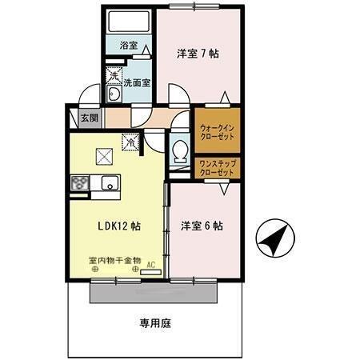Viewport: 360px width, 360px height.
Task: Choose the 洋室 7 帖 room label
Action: click(x=198, y=54)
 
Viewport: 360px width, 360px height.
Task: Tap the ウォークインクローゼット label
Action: click(x=215, y=130)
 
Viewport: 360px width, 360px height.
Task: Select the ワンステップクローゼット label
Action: click(x=215, y=169)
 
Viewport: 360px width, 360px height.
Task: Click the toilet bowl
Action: click(x=180, y=150)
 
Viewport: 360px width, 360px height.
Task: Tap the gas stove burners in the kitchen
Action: click(x=81, y=184)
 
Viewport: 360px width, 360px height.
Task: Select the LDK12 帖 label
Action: click(x=120, y=226)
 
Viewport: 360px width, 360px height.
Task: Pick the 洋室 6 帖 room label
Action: click(x=201, y=226)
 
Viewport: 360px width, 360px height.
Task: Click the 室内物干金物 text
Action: click(x=114, y=260)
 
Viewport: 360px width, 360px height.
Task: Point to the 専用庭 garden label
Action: click(x=155, y=324)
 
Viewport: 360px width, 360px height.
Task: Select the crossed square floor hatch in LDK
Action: click(x=104, y=157)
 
